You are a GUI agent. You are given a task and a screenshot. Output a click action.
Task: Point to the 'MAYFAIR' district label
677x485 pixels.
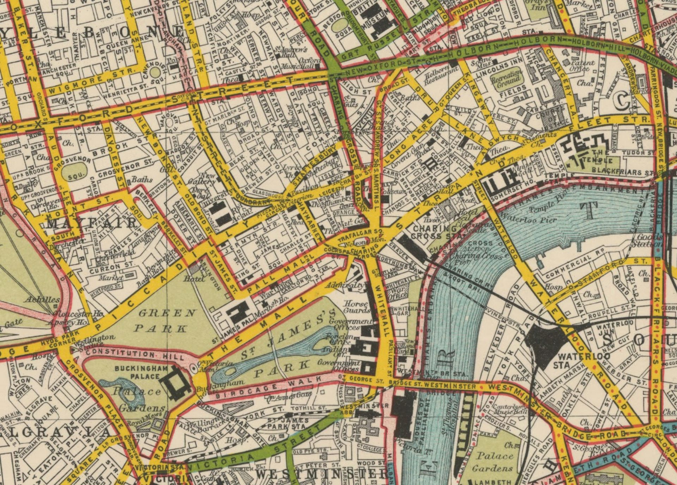click(92, 223)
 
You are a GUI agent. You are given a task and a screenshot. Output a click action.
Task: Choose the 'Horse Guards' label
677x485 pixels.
click(357, 307)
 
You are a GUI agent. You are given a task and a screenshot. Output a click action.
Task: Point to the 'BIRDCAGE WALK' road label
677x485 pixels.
click(268, 388)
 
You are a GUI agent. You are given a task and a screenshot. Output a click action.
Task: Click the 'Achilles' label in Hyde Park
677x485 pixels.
click(42, 300)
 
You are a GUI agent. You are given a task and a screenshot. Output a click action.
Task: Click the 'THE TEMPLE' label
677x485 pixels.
click(599, 157)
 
